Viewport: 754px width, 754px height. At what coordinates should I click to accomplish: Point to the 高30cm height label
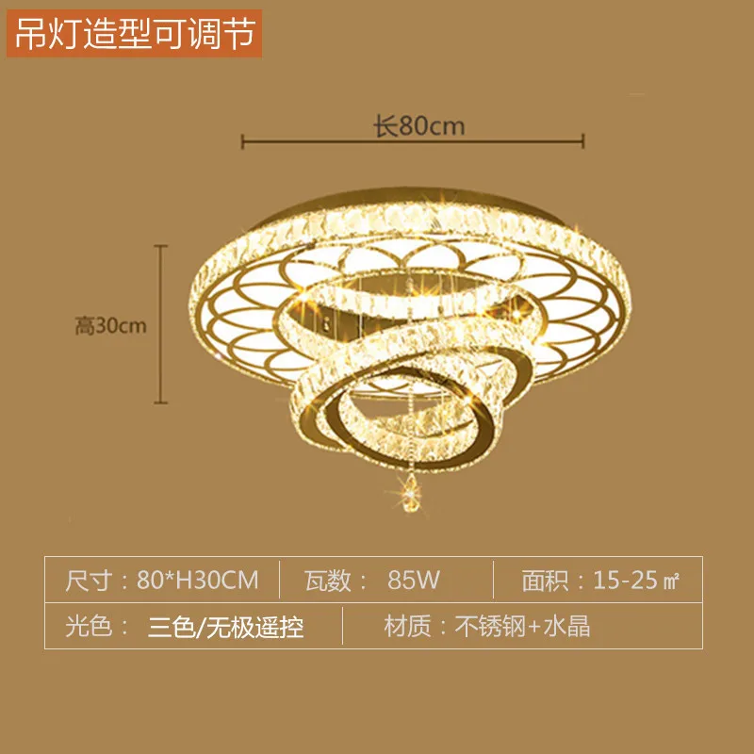click(112, 326)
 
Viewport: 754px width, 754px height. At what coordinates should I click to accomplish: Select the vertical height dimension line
click(161, 325)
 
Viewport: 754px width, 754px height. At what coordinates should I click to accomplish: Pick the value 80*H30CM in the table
click(197, 579)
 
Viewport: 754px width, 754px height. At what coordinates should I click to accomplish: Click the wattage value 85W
click(414, 579)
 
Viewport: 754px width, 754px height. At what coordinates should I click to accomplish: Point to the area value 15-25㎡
click(636, 579)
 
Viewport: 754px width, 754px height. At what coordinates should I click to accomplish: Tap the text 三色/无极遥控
click(226, 627)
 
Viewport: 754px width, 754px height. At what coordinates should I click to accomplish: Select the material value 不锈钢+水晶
click(523, 627)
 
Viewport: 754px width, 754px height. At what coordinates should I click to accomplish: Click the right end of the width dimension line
click(584, 141)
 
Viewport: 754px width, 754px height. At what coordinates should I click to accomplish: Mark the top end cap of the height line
click(161, 247)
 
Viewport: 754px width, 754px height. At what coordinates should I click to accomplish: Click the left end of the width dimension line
click(243, 141)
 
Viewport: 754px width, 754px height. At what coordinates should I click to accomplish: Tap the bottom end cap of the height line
click(161, 404)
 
